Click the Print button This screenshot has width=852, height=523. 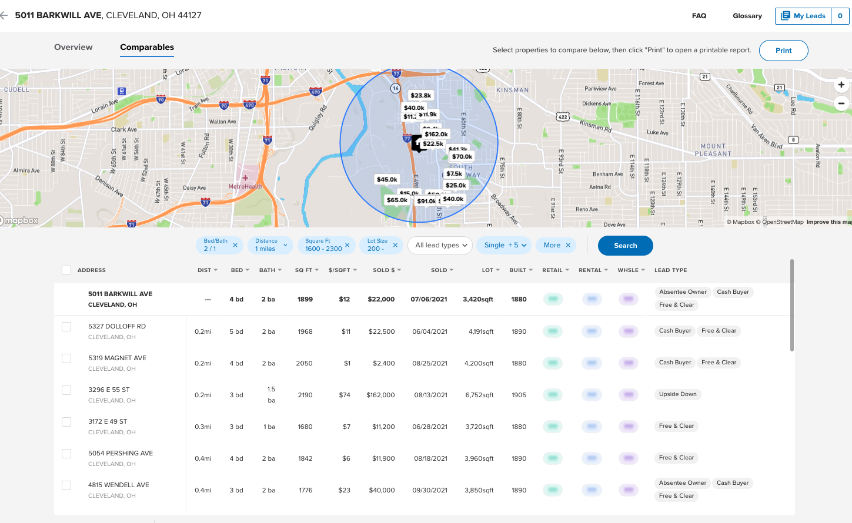point(783,51)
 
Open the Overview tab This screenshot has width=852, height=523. point(73,47)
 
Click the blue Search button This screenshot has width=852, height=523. point(625,246)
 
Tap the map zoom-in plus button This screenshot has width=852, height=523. point(841,85)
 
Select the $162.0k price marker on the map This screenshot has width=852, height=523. point(436,134)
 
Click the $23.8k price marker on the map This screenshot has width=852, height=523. point(421,95)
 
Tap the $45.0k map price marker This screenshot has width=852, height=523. point(387,179)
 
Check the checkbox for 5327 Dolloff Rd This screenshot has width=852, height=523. point(66,327)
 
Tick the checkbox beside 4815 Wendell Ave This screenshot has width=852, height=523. point(66,485)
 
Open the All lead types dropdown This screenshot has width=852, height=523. point(440,245)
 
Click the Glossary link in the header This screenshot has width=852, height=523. point(747,16)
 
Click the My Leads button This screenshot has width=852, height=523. point(803,16)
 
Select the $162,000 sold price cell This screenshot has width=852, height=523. point(380,395)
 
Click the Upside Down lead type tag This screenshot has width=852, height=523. point(677,394)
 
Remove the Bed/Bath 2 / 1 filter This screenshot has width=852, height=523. point(235,245)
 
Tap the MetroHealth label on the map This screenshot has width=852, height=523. point(245,186)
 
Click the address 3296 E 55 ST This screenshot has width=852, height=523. point(109,390)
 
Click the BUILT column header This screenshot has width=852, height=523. point(520,270)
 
